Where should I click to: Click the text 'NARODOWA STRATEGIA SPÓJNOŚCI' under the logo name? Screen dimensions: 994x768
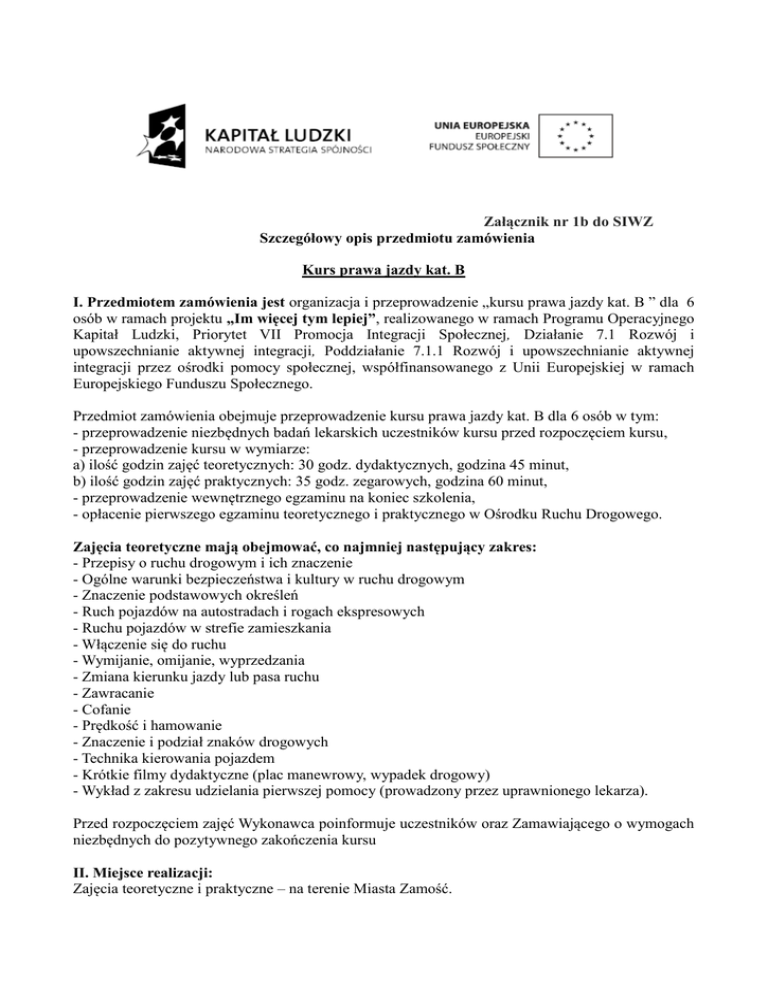(289, 149)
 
